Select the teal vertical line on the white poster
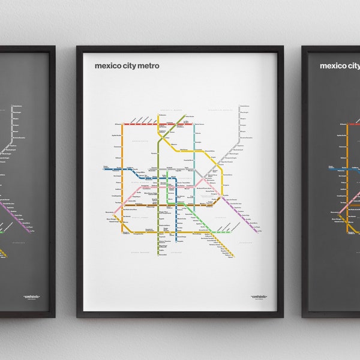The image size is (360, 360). (x=194, y=150)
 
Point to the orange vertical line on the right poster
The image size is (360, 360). (x=348, y=180)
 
